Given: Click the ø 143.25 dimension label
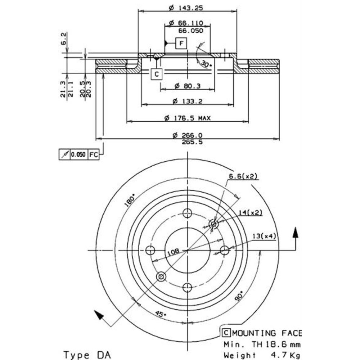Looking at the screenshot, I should point(186,6).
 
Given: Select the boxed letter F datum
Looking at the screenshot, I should point(181,44).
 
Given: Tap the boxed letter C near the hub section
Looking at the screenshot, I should point(156,74).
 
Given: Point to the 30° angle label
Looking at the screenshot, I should point(206,64).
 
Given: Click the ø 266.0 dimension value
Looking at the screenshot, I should point(187,135).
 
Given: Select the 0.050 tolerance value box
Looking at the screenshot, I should point(78,154).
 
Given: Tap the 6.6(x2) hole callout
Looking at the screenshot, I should point(243,176).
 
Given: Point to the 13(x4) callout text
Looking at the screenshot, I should point(264,236).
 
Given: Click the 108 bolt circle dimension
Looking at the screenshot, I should point(172,253).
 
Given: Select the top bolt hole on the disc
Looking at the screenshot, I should point(187,213).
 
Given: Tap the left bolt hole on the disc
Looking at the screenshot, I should point(150,250).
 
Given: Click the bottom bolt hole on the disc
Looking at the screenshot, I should point(187,287).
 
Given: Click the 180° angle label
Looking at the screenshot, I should point(130,200).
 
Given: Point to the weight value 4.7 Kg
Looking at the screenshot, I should point(285,355).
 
